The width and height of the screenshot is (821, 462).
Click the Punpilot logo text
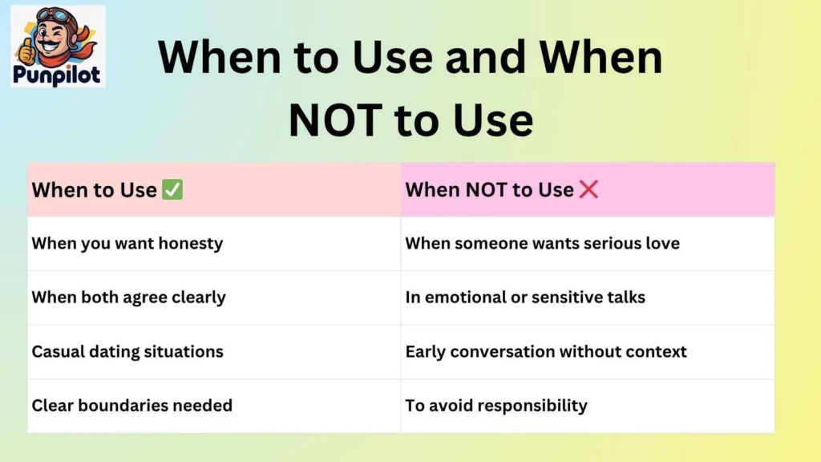[x=57, y=75]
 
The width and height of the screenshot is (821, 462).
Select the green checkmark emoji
[x=172, y=190]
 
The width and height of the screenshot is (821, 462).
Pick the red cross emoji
[x=588, y=190]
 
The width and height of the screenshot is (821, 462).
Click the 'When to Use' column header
[x=94, y=190]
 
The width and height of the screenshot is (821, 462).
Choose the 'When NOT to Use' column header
[x=489, y=190]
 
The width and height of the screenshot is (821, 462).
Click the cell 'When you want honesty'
[x=127, y=243]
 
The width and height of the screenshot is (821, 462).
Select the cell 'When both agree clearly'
[x=128, y=298]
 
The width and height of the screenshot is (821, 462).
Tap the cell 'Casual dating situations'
[x=127, y=351]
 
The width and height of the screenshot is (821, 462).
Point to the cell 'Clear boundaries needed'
[x=131, y=405]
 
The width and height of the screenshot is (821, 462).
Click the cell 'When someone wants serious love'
[x=542, y=243]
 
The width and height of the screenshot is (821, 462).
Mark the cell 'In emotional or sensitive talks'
[x=525, y=298]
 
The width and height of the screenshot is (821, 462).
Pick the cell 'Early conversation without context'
[x=546, y=351]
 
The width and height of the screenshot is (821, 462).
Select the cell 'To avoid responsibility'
[x=496, y=405]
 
